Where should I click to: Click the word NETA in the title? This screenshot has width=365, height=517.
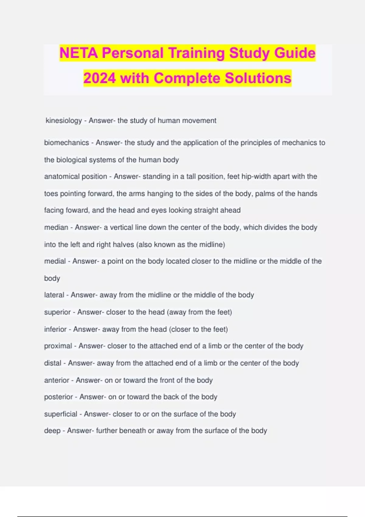79,53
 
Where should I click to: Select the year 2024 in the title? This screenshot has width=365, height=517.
99,78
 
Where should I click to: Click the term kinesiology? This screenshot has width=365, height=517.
64,121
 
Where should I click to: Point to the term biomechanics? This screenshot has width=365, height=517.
66,143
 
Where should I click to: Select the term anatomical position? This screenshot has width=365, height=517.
75,176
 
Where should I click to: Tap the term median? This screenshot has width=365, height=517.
56,227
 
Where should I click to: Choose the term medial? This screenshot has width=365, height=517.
55,261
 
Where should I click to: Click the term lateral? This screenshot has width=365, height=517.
54,295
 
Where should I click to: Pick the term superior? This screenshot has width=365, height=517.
57,312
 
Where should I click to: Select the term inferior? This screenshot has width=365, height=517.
55,329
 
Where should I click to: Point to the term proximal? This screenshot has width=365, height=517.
58,346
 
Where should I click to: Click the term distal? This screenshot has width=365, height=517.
53,363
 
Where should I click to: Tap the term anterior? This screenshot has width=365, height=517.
57,380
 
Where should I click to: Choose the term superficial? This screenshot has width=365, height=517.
61,414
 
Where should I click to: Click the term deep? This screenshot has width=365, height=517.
52,431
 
